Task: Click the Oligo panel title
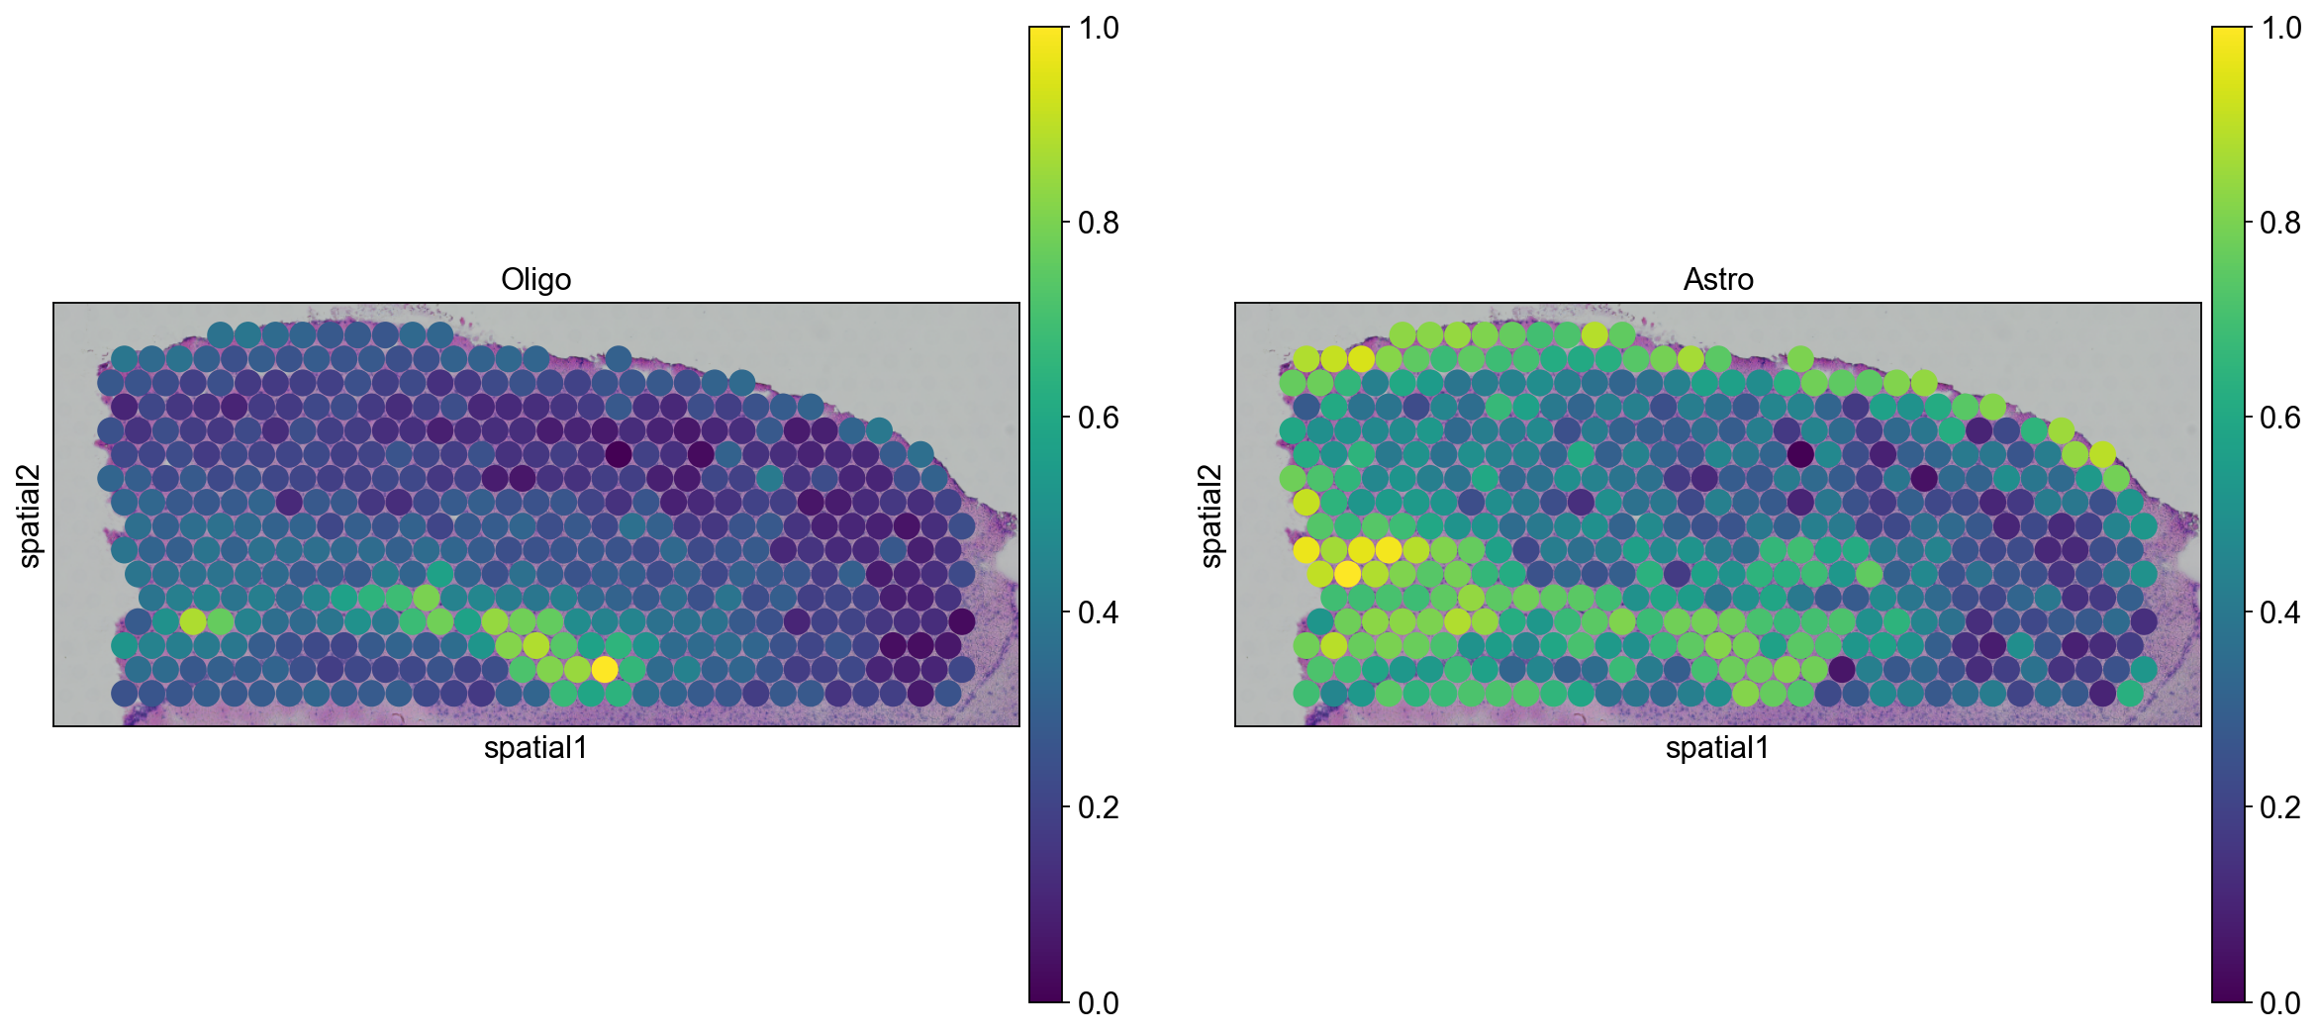click(535, 280)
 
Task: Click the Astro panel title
click(1718, 280)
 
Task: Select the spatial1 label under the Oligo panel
click(535, 748)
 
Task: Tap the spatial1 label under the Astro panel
click(1717, 748)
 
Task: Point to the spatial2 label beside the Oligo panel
click(31, 516)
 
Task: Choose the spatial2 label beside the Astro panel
click(1212, 516)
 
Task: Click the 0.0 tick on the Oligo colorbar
click(1098, 1003)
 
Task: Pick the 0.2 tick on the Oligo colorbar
click(1098, 807)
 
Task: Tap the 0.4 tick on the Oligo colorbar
click(1098, 612)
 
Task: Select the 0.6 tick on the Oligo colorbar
click(1098, 418)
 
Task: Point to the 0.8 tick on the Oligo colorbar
click(1098, 223)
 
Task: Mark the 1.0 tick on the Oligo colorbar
click(1098, 28)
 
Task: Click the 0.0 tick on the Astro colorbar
click(2280, 1003)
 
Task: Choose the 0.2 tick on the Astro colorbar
click(2280, 807)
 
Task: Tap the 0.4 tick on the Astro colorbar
click(2280, 612)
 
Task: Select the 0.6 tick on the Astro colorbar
click(2280, 418)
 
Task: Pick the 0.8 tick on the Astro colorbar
click(2280, 223)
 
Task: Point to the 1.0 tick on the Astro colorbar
click(2280, 28)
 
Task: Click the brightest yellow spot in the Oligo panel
click(604, 670)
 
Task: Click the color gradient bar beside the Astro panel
click(2228, 515)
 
